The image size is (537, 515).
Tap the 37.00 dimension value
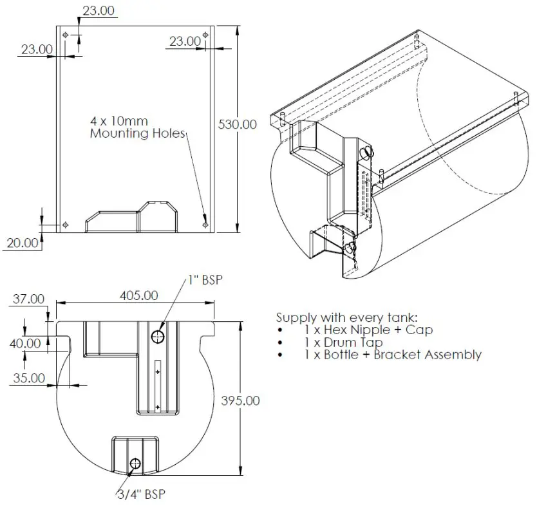[x=28, y=299]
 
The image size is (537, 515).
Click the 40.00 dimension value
[x=25, y=344]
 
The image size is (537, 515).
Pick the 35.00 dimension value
[x=28, y=378]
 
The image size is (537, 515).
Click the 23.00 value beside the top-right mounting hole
[x=185, y=41]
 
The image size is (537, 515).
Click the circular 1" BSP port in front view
[x=158, y=336]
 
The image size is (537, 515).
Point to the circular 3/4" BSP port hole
[x=135, y=464]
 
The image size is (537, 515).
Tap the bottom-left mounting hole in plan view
[x=65, y=225]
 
